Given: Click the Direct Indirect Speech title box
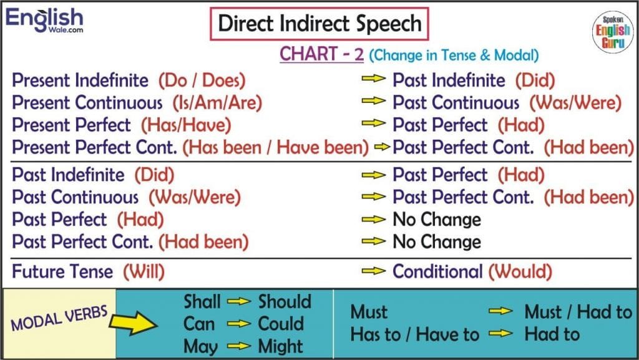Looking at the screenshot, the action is tap(319, 24).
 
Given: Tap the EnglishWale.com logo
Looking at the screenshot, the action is tap(44, 20).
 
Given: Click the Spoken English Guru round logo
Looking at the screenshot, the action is tap(613, 32).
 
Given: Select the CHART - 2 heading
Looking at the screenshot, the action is tap(321, 54).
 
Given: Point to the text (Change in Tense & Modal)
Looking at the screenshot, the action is tap(454, 55).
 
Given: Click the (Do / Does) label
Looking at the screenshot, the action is tap(202, 80).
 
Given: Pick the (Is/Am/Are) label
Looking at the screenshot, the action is tap(217, 102).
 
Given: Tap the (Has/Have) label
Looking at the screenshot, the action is tap(186, 125).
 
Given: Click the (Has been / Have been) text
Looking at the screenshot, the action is tap(275, 147).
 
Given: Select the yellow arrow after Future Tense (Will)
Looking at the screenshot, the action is tap(373, 271).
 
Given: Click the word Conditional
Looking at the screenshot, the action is tap(437, 271).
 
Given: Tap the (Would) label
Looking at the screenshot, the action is tap(520, 271).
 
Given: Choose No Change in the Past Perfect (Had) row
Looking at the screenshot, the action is tap(437, 220).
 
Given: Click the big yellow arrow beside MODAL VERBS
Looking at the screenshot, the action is tap(134, 323).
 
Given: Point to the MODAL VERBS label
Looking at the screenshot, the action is tap(59, 318).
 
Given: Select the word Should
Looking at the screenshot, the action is tap(285, 302).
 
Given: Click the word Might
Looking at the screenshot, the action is tap(280, 346).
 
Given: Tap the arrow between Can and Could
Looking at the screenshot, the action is tap(239, 324).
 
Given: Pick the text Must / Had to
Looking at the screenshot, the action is tap(578, 313).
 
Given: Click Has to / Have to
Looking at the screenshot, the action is tap(415, 335).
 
